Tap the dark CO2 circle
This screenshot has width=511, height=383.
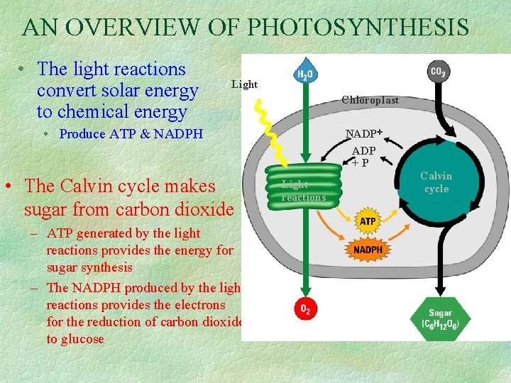(439, 72)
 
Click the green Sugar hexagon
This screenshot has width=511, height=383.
(440, 318)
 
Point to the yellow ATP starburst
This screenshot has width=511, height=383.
(368, 222)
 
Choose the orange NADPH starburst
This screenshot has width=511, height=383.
(368, 249)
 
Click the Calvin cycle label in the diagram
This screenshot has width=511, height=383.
(436, 182)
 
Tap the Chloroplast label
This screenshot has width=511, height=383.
(370, 100)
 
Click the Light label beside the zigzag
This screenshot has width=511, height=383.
(245, 84)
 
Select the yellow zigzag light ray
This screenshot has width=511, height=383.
(268, 121)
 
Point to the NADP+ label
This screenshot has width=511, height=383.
(364, 133)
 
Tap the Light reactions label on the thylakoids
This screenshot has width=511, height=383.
(303, 191)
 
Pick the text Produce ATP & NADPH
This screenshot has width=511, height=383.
(131, 133)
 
